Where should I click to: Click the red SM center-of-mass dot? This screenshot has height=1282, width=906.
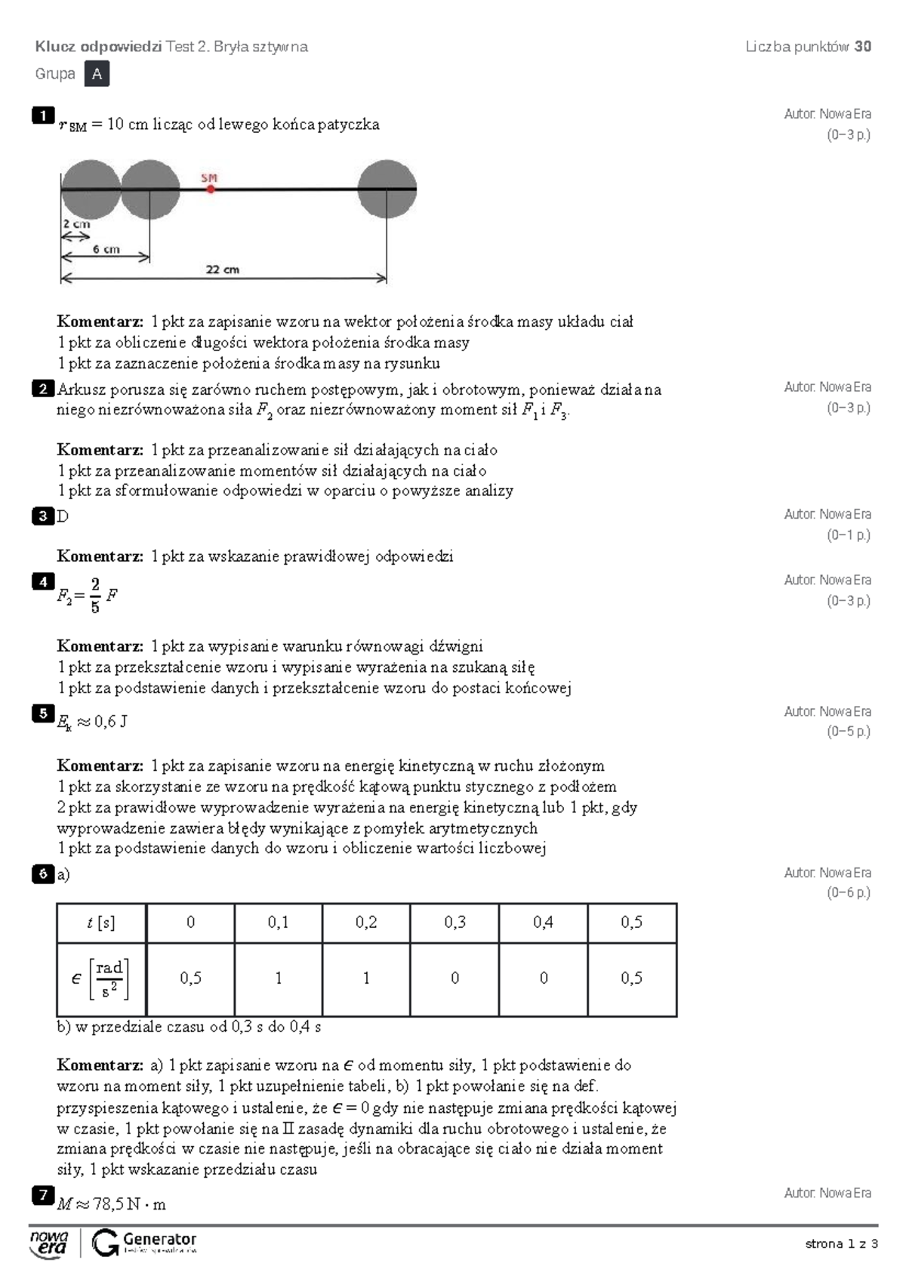[x=211, y=189]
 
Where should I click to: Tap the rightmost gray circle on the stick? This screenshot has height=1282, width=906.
[x=387, y=189]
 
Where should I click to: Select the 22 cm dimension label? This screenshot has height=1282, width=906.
[x=222, y=269]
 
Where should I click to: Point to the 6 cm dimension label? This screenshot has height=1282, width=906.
[x=106, y=249]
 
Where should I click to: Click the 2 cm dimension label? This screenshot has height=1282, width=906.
[x=76, y=223]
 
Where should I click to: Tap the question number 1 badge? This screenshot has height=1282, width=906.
[x=43, y=115]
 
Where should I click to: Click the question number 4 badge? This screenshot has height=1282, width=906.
[x=43, y=581]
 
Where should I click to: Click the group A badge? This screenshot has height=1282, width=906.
[x=97, y=74]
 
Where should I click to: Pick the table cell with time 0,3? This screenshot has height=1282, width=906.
[x=455, y=922]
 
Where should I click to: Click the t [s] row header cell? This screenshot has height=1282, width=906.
[x=101, y=922]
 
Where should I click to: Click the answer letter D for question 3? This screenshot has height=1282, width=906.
[x=63, y=516]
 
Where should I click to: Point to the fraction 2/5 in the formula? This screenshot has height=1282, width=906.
[x=95, y=595]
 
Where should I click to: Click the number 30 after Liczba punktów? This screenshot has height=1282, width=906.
[x=862, y=46]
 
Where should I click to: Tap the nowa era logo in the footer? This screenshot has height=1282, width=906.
[x=49, y=1243]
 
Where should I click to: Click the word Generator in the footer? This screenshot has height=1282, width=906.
[x=159, y=1239]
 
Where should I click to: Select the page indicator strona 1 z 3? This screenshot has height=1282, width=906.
[x=841, y=1243]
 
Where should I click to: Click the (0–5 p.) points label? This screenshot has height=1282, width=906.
[x=848, y=732]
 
